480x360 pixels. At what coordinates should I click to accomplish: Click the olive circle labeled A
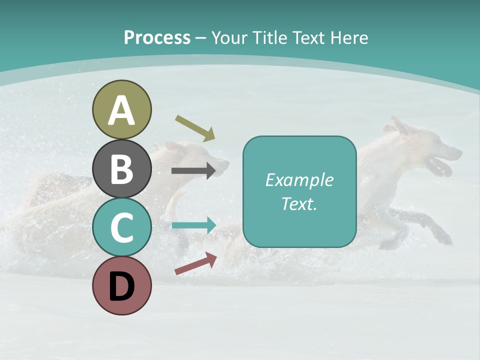pos(121,109)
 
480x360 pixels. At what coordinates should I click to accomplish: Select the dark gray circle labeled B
pos(121,168)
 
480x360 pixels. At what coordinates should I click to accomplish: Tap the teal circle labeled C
pos(121,227)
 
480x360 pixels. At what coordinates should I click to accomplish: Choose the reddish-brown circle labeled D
pos(121,285)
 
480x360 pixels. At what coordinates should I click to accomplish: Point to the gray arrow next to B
pos(193,171)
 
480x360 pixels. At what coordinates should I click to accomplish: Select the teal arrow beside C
pos(193,225)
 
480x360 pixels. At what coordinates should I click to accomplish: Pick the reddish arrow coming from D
pos(195,263)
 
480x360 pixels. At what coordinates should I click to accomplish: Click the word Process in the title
pos(157,38)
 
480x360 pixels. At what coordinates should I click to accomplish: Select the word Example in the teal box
pos(299,180)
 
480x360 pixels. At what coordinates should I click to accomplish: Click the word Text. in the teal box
pos(299,203)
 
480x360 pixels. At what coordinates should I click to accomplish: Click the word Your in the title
pos(229,38)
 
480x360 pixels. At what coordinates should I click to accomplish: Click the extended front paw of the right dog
pos(444,237)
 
